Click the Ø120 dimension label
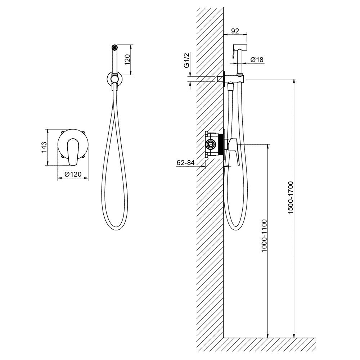[73, 174]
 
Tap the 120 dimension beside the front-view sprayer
[128, 59]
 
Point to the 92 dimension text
[235, 31]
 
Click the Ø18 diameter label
[257, 60]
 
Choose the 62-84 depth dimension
[185, 163]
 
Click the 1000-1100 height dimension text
[264, 236]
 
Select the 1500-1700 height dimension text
[291, 198]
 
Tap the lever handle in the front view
[72, 152]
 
